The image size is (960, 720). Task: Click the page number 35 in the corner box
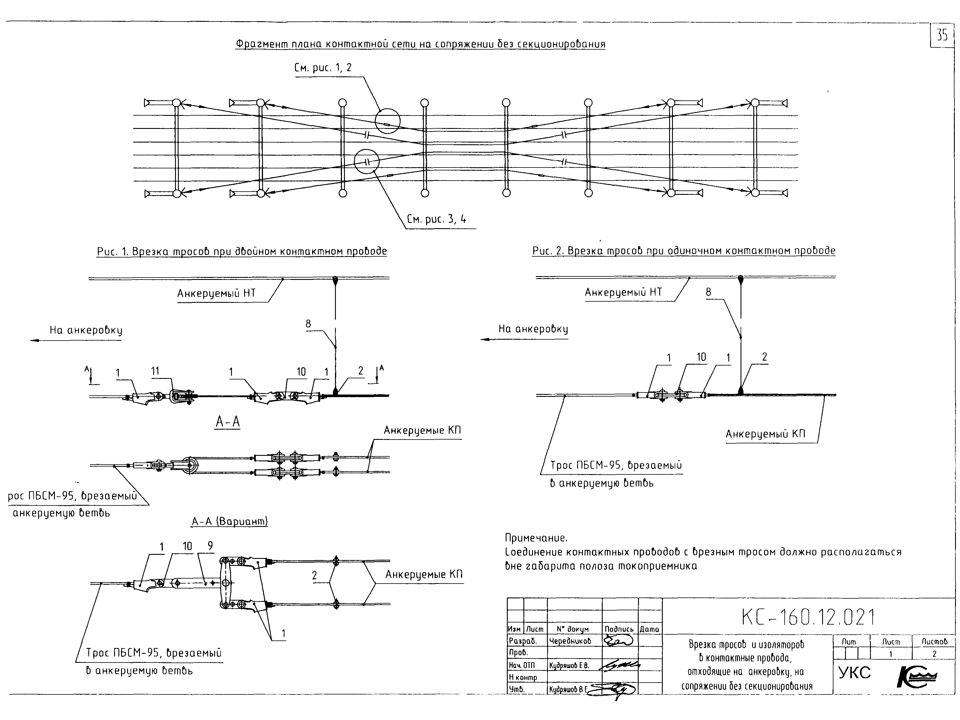pyautogui.click(x=942, y=35)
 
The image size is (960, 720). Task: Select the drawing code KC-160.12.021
pyautogui.click(x=808, y=617)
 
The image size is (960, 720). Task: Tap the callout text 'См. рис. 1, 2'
pyautogui.click(x=323, y=68)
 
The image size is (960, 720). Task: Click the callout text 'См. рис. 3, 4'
pyautogui.click(x=437, y=219)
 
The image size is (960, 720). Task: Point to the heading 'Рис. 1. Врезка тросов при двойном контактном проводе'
pyautogui.click(x=242, y=252)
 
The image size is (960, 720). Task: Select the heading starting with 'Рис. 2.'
pyautogui.click(x=684, y=251)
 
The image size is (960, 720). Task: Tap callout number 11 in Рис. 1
pyautogui.click(x=155, y=371)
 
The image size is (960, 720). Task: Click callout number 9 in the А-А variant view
pyautogui.click(x=210, y=546)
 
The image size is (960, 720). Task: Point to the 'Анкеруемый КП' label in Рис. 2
pyautogui.click(x=766, y=434)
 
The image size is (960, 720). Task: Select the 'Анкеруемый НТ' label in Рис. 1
pyautogui.click(x=216, y=294)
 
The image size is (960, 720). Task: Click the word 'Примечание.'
pyautogui.click(x=536, y=538)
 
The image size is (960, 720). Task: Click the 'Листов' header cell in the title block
pyautogui.click(x=934, y=641)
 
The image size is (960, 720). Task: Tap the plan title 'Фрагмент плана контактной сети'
pyautogui.click(x=420, y=44)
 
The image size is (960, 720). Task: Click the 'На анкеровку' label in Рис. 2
pyautogui.click(x=533, y=329)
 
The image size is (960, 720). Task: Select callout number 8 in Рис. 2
pyautogui.click(x=708, y=292)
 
